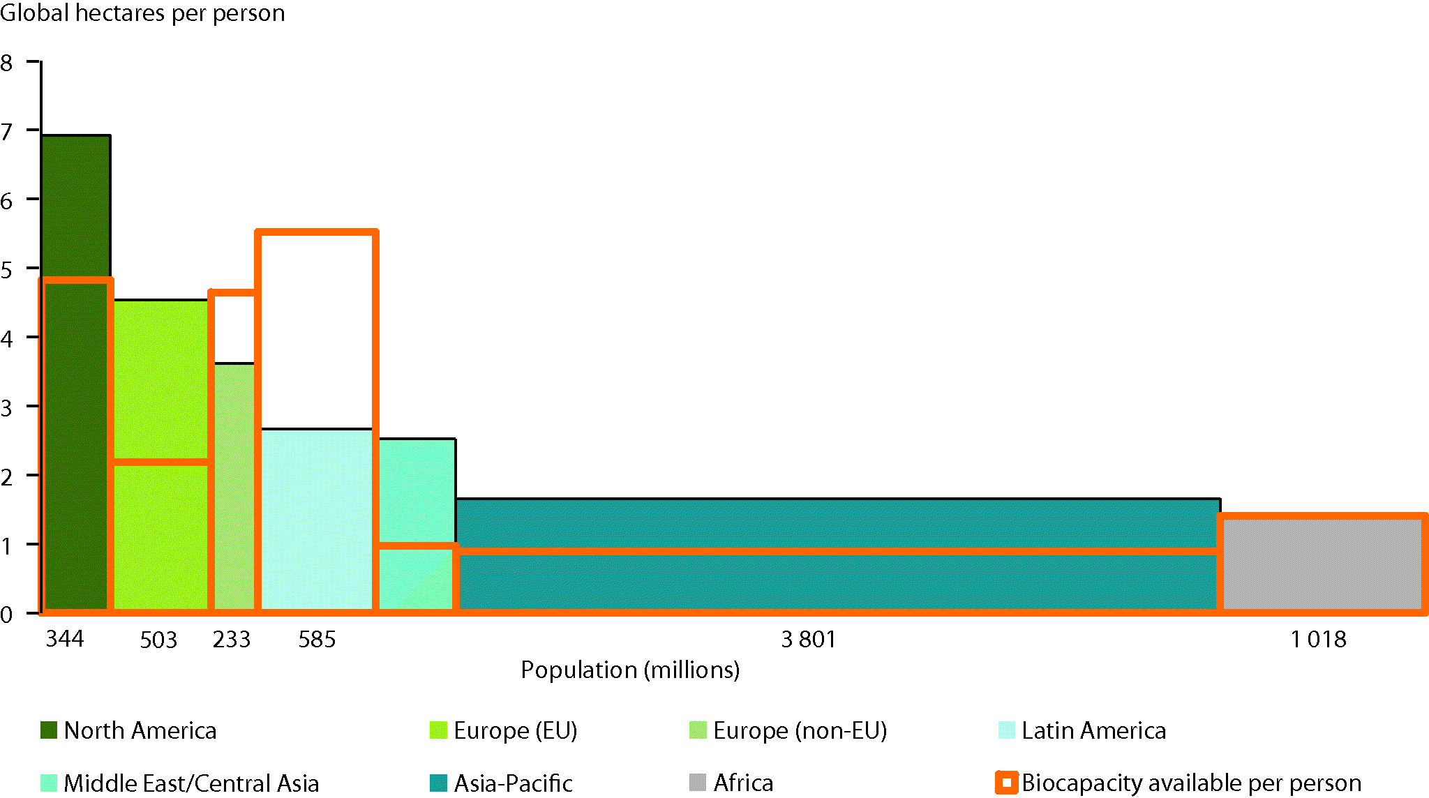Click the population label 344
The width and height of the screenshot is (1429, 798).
point(65,638)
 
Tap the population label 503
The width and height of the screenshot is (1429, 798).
point(158,640)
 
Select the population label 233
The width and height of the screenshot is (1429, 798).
point(232,639)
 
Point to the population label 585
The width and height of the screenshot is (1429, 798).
point(317,639)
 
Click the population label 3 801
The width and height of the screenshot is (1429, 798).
point(808,639)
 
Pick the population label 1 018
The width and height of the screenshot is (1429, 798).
point(1318,639)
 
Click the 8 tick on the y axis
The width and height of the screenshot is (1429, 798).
point(7,63)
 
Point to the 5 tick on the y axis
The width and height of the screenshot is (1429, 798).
point(7,269)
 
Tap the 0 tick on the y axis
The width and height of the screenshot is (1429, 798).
point(7,614)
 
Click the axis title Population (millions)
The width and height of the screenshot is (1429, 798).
point(630,670)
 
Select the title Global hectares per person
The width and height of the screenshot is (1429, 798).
point(142,13)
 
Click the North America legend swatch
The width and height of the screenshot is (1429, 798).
point(49,730)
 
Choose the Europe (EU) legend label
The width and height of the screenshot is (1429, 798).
point(515,730)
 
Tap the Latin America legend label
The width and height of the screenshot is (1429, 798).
point(1093,730)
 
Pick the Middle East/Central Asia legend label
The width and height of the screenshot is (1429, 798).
point(191,783)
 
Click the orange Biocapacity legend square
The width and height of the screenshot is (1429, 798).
point(1006,783)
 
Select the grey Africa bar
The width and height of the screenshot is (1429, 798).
point(1322,565)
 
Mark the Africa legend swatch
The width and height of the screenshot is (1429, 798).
point(697,783)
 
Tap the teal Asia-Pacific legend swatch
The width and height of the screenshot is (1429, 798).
point(438,783)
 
